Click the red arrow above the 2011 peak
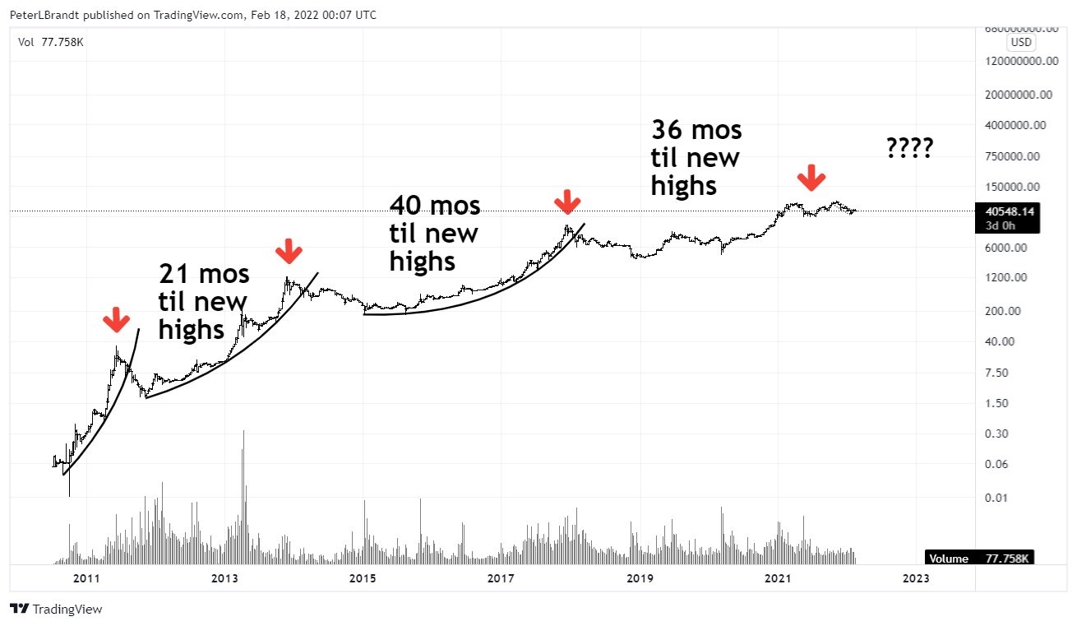coord(115,319)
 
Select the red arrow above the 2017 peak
coord(567,201)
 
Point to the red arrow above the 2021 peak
coord(812,176)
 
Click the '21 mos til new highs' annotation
coord(204,302)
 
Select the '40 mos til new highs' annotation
coord(434,233)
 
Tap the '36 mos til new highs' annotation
coord(696,158)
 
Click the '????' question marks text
coord(909,148)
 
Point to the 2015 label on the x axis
coord(363,578)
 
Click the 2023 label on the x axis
coord(916,578)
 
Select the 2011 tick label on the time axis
coord(86,578)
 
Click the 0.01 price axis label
coord(996,498)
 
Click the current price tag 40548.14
coord(1004,211)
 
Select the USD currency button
coord(1021,42)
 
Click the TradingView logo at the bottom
coord(57,610)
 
